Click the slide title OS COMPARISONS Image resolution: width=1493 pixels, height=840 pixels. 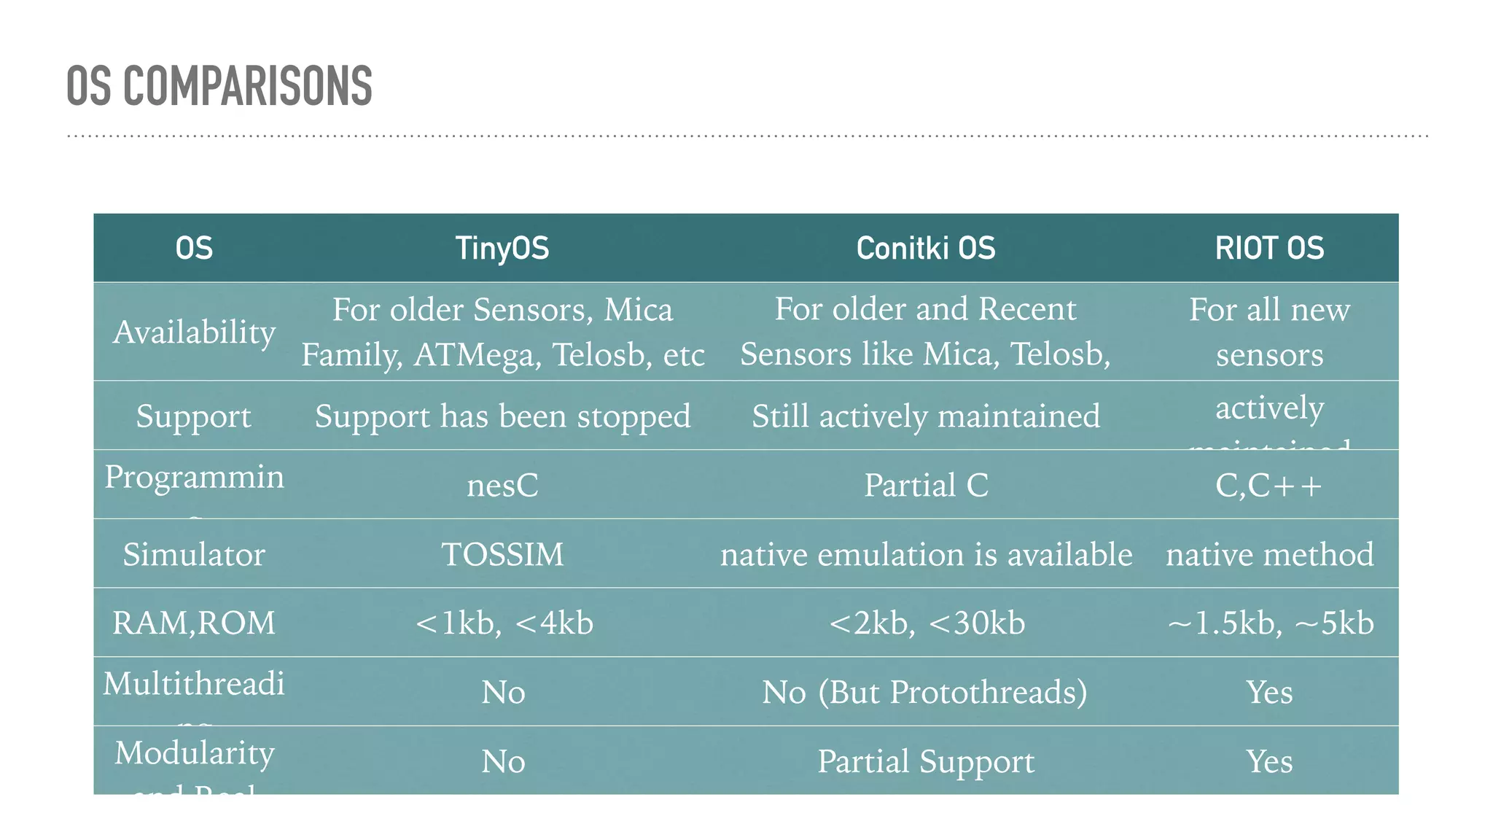point(219,86)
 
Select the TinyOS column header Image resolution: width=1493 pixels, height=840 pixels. point(502,248)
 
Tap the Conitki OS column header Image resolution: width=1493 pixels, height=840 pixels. point(925,248)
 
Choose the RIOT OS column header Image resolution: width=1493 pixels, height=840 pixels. point(1269,248)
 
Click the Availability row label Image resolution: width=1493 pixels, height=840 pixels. point(194,332)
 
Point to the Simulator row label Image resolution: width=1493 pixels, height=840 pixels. point(194,554)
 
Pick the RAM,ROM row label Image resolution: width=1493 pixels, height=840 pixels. point(194,623)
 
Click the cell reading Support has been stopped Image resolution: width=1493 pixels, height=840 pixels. point(502,416)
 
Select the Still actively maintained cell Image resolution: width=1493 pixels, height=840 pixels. point(925,416)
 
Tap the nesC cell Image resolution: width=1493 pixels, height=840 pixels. point(502,486)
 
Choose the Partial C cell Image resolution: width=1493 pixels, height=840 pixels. point(925,486)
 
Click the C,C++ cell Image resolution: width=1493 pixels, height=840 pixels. point(1269,486)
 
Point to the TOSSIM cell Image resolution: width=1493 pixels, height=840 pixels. point(502,554)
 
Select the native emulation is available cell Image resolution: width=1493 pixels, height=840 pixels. point(926,554)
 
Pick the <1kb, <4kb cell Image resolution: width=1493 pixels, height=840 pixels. point(502,623)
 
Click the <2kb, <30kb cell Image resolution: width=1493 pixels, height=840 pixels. point(926,623)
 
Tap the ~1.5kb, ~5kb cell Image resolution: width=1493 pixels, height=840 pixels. point(1270,623)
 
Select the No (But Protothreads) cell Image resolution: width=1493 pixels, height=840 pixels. point(924,692)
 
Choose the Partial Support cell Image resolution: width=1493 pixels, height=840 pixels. point(925,761)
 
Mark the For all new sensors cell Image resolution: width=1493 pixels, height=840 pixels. point(1269,332)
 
